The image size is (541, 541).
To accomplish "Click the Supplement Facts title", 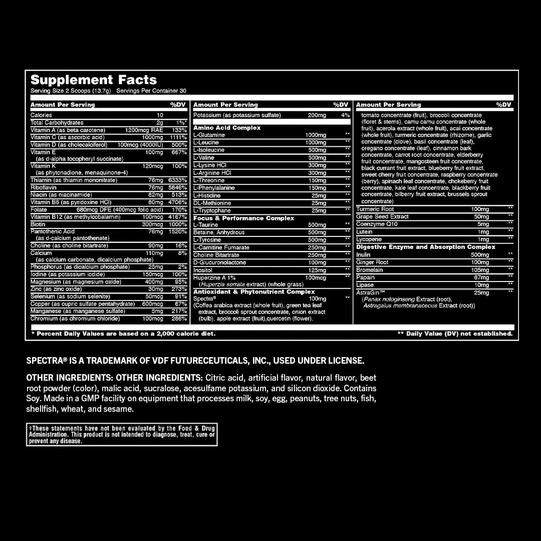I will pyautogui.click(x=94, y=80).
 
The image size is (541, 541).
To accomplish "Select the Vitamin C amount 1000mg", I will pyautogui.click(x=152, y=137).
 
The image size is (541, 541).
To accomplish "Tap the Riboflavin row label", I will pyautogui.click(x=44, y=187).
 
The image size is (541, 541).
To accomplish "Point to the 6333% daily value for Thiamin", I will pyautogui.click(x=178, y=180).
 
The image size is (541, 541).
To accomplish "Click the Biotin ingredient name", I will pyautogui.click(x=38, y=224).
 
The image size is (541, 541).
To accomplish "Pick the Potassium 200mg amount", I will pyautogui.click(x=317, y=115).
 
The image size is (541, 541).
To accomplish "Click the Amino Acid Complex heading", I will pyautogui.click(x=227, y=128).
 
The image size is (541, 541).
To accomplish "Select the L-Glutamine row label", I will pyautogui.click(x=209, y=135).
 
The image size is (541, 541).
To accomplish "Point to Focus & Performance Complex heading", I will pyautogui.click(x=244, y=218).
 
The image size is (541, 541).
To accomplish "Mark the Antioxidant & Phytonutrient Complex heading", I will pyautogui.click(x=254, y=292).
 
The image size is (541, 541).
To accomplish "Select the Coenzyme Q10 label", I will pyautogui.click(x=377, y=224).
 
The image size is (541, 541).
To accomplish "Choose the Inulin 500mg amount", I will pyautogui.click(x=480, y=255).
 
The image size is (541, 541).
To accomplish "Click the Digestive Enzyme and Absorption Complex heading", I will pyautogui.click(x=426, y=247).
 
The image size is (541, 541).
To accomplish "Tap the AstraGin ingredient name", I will pyautogui.click(x=370, y=293).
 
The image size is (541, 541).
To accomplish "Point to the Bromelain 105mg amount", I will pyautogui.click(x=480, y=270).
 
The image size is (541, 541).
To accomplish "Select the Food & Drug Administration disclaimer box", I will pyautogui.click(x=122, y=434).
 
